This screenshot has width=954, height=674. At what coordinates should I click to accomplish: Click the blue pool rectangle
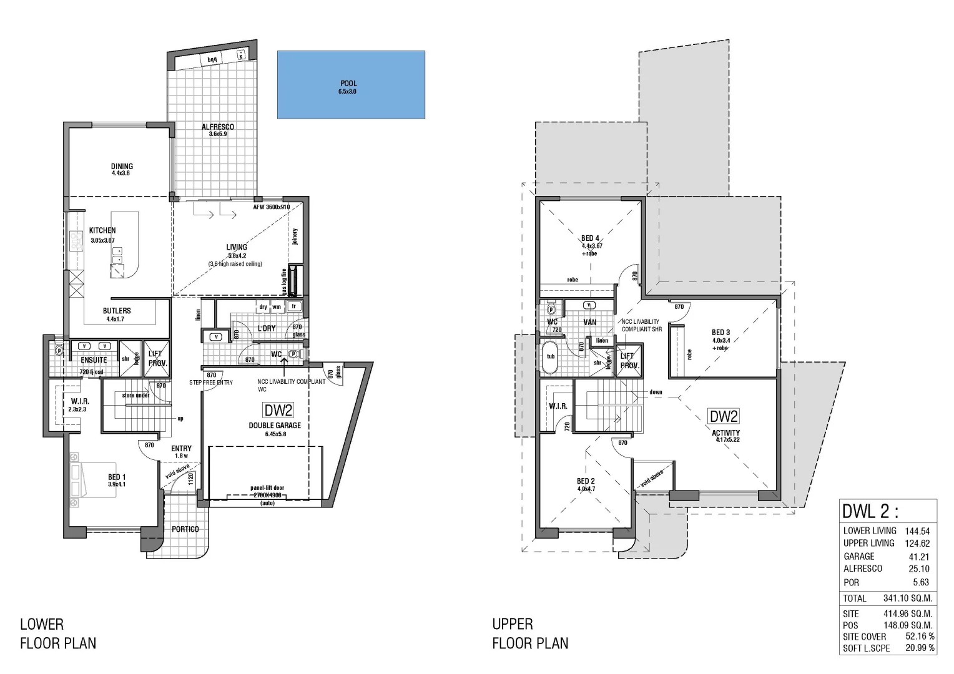(351, 85)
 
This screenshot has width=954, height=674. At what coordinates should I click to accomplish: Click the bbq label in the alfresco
(212, 59)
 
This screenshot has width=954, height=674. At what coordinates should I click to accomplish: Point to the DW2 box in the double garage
(278, 410)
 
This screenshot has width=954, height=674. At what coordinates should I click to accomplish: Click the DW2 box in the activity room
(723, 416)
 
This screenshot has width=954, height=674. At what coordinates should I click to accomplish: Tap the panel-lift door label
(268, 489)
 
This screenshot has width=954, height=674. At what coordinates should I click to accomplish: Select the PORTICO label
(185, 529)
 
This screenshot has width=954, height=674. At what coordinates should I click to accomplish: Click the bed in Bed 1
(94, 481)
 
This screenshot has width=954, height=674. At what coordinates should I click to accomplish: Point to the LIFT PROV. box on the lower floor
(155, 359)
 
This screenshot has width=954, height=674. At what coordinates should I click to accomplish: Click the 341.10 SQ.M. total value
(907, 598)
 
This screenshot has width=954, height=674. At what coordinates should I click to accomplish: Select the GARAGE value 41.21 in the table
(918, 557)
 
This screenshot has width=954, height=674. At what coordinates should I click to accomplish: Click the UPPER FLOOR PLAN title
(530, 633)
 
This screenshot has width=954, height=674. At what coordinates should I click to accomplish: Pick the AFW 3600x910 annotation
(271, 207)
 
